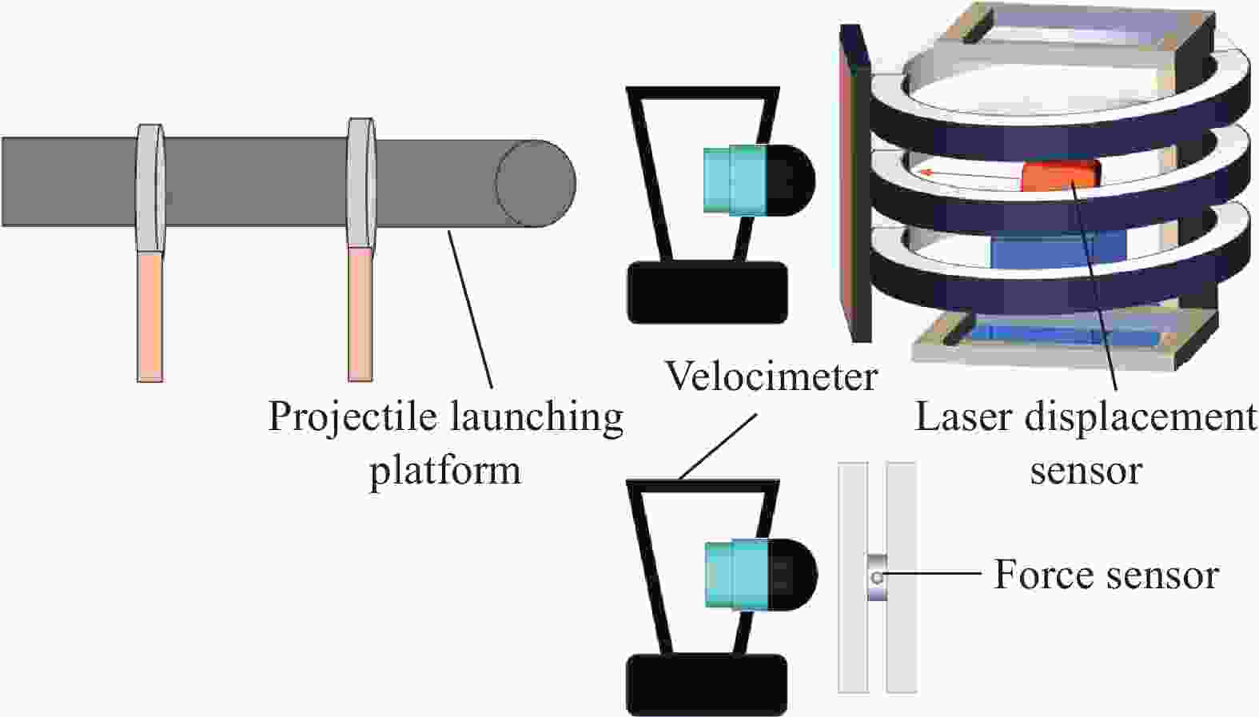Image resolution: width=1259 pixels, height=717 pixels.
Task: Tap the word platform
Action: point(444,469)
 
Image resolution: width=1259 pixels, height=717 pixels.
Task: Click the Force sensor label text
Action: point(1106,575)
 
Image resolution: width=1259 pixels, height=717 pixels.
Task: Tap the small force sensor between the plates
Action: point(877,578)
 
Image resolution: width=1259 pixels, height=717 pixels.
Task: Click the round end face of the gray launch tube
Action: point(535,183)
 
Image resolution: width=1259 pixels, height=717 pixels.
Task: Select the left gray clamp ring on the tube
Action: point(149,188)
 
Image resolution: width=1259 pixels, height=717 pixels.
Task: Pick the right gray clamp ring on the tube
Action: point(361,183)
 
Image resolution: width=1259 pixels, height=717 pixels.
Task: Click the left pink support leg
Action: point(149,317)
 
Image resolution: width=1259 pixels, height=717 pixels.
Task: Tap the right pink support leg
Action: point(361,313)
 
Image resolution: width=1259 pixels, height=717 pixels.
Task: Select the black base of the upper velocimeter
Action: point(707,293)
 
